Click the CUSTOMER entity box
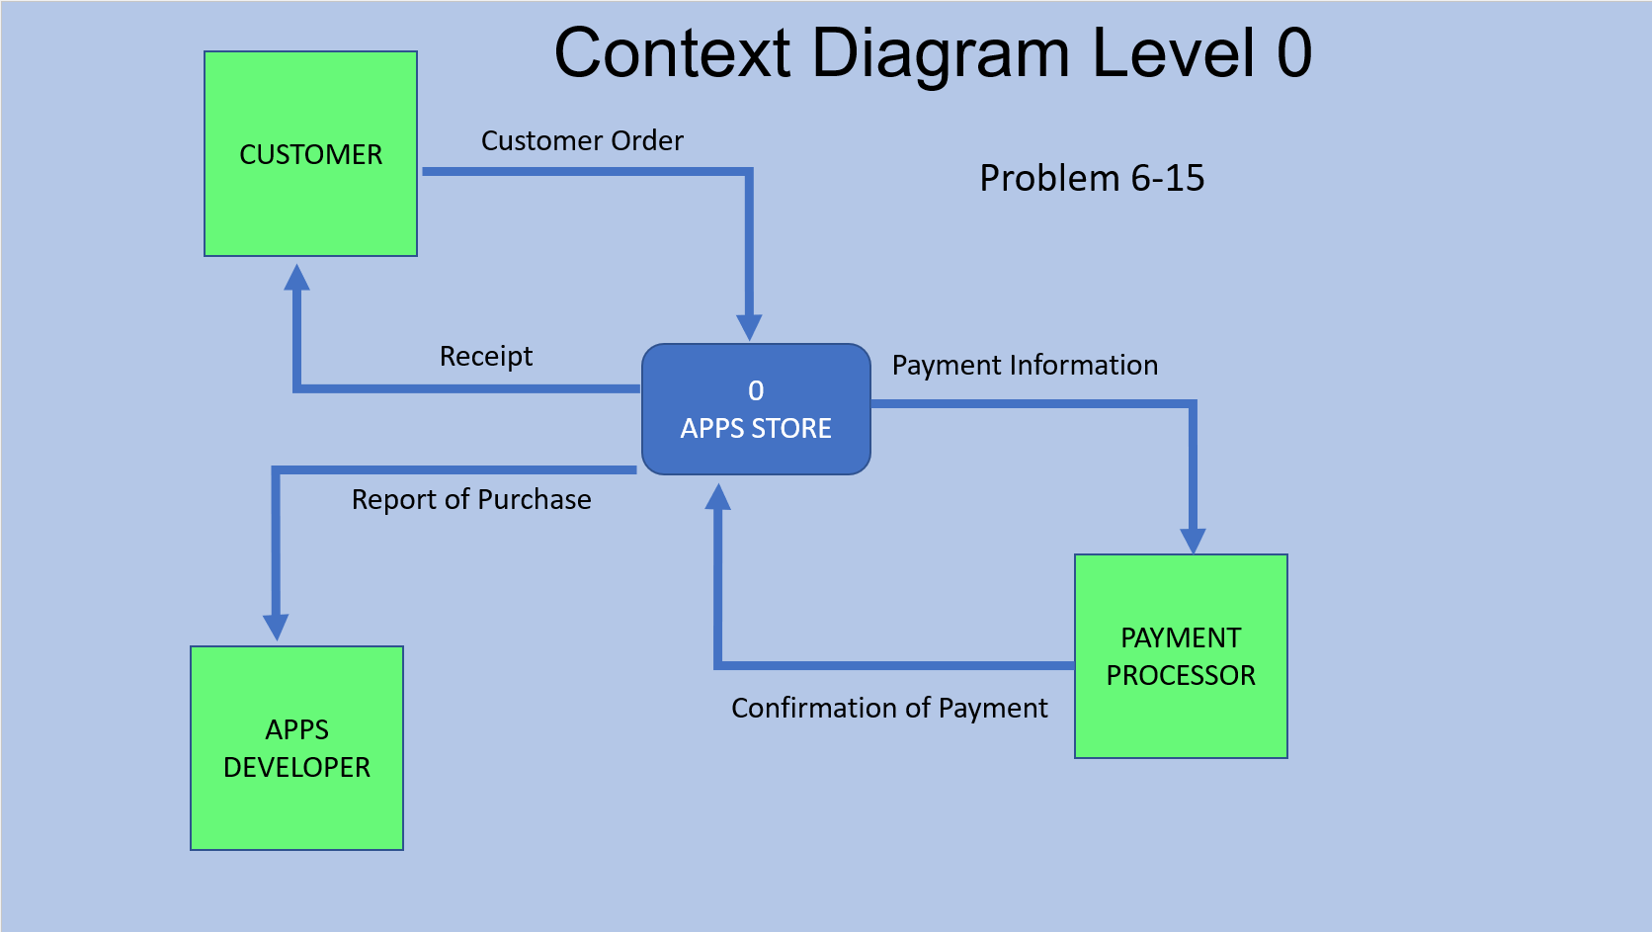click(310, 154)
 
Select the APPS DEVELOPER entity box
click(296, 748)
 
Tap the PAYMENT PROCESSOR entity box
click(1181, 656)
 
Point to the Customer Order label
click(582, 140)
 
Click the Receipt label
click(485, 356)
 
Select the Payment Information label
click(1025, 365)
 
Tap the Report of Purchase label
click(471, 499)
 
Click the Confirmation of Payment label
click(889, 708)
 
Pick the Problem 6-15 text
click(1092, 178)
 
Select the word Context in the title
click(672, 53)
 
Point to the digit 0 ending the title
click(1293, 53)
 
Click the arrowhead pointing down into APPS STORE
click(749, 327)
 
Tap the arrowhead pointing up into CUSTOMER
click(296, 278)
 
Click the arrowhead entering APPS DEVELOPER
click(276, 627)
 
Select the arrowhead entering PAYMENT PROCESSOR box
click(1193, 540)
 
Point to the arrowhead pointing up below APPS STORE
click(718, 497)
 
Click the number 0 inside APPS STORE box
click(756, 390)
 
